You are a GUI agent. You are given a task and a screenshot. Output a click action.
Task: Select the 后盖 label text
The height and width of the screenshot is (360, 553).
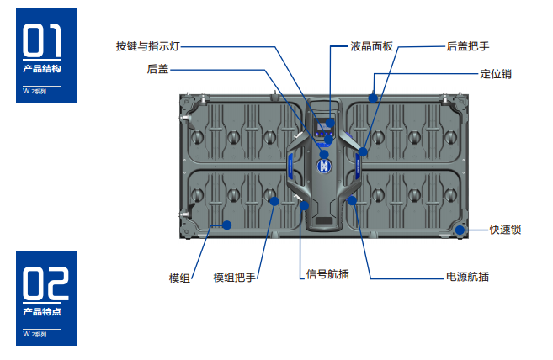pyautogui.click(x=157, y=69)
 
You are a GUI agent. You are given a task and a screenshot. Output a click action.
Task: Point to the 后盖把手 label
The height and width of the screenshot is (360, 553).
pyautogui.click(x=467, y=45)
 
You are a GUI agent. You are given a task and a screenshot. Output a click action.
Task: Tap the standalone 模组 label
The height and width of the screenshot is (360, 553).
pyautogui.click(x=179, y=277)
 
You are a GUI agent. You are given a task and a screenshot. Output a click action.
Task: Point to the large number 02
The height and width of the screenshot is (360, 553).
pyautogui.click(x=46, y=284)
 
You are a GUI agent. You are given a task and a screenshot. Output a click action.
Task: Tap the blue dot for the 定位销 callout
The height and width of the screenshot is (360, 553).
pyautogui.click(x=372, y=98)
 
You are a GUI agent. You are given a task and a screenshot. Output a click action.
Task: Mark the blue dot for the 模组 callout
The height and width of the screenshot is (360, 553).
pyautogui.click(x=226, y=225)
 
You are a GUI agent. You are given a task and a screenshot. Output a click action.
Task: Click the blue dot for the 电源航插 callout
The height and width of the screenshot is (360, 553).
pyautogui.click(x=353, y=199)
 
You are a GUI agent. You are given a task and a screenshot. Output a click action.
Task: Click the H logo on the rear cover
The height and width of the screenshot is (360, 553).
pyautogui.click(x=322, y=166)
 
